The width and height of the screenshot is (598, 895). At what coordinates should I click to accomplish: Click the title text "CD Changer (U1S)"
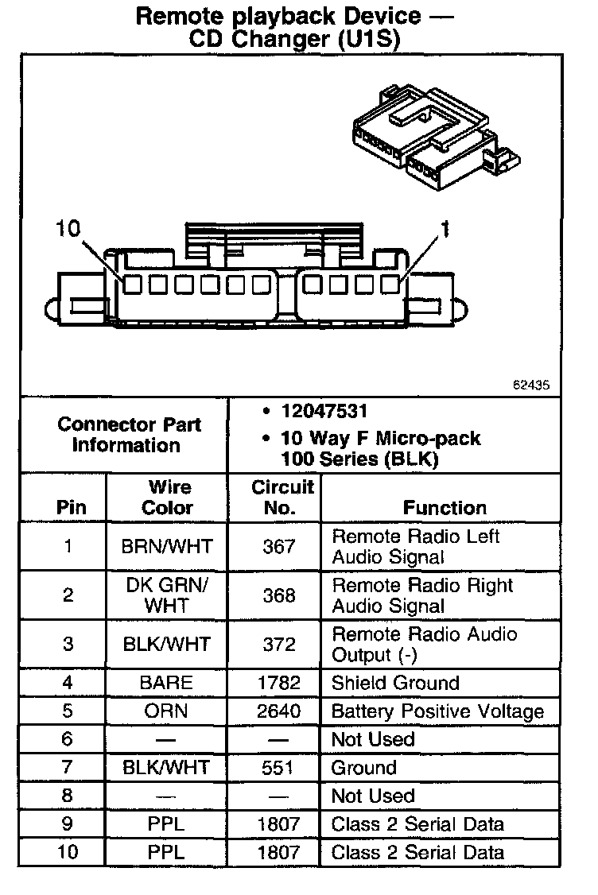pos(293,40)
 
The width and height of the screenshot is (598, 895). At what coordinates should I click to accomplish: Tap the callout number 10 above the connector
pos(68,230)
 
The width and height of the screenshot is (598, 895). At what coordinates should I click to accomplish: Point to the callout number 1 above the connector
pos(445,230)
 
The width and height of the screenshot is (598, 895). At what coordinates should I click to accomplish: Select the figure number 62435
pos(530,385)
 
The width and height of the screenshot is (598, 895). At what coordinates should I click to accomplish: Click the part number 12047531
pos(324,411)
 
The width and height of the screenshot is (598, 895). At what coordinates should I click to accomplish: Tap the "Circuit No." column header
pos(282,497)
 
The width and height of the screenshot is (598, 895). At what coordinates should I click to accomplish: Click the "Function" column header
pos(445,507)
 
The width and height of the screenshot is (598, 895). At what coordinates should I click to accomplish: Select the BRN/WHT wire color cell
pos(167,547)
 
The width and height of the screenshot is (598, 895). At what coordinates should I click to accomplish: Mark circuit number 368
pos(278,595)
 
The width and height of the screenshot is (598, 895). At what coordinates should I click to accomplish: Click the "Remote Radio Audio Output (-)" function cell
pos(425,645)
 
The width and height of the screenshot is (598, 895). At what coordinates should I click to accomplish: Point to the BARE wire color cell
pos(166,683)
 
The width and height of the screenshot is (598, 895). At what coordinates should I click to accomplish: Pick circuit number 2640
pos(278,711)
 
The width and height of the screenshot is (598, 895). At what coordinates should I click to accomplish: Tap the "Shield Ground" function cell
pos(395,683)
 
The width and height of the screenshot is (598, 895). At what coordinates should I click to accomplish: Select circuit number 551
pos(278,768)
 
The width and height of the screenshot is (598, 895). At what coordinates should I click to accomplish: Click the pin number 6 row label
pos(68,739)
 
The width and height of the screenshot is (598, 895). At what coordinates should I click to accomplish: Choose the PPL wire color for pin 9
pos(166,824)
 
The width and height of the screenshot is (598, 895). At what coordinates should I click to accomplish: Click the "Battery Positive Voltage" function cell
pos(437,711)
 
